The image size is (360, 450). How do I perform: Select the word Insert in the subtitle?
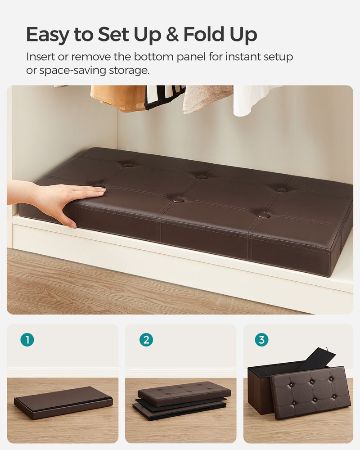point(42,57)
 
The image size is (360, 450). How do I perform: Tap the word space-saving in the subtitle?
point(69,71)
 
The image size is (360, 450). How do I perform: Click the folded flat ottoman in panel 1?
point(63,402)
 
